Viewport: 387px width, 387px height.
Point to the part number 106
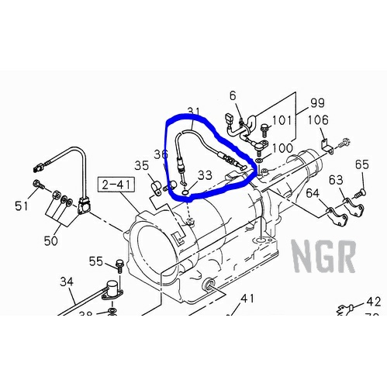coord(319,121)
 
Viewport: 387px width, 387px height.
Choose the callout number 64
coord(312,193)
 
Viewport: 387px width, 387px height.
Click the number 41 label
coord(247,299)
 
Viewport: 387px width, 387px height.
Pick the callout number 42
coord(374,302)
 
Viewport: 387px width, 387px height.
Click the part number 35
coord(141,165)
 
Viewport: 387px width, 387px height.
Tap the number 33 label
coord(205,175)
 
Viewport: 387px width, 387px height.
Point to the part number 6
coord(232,95)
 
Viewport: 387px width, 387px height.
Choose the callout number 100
coord(282,148)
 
